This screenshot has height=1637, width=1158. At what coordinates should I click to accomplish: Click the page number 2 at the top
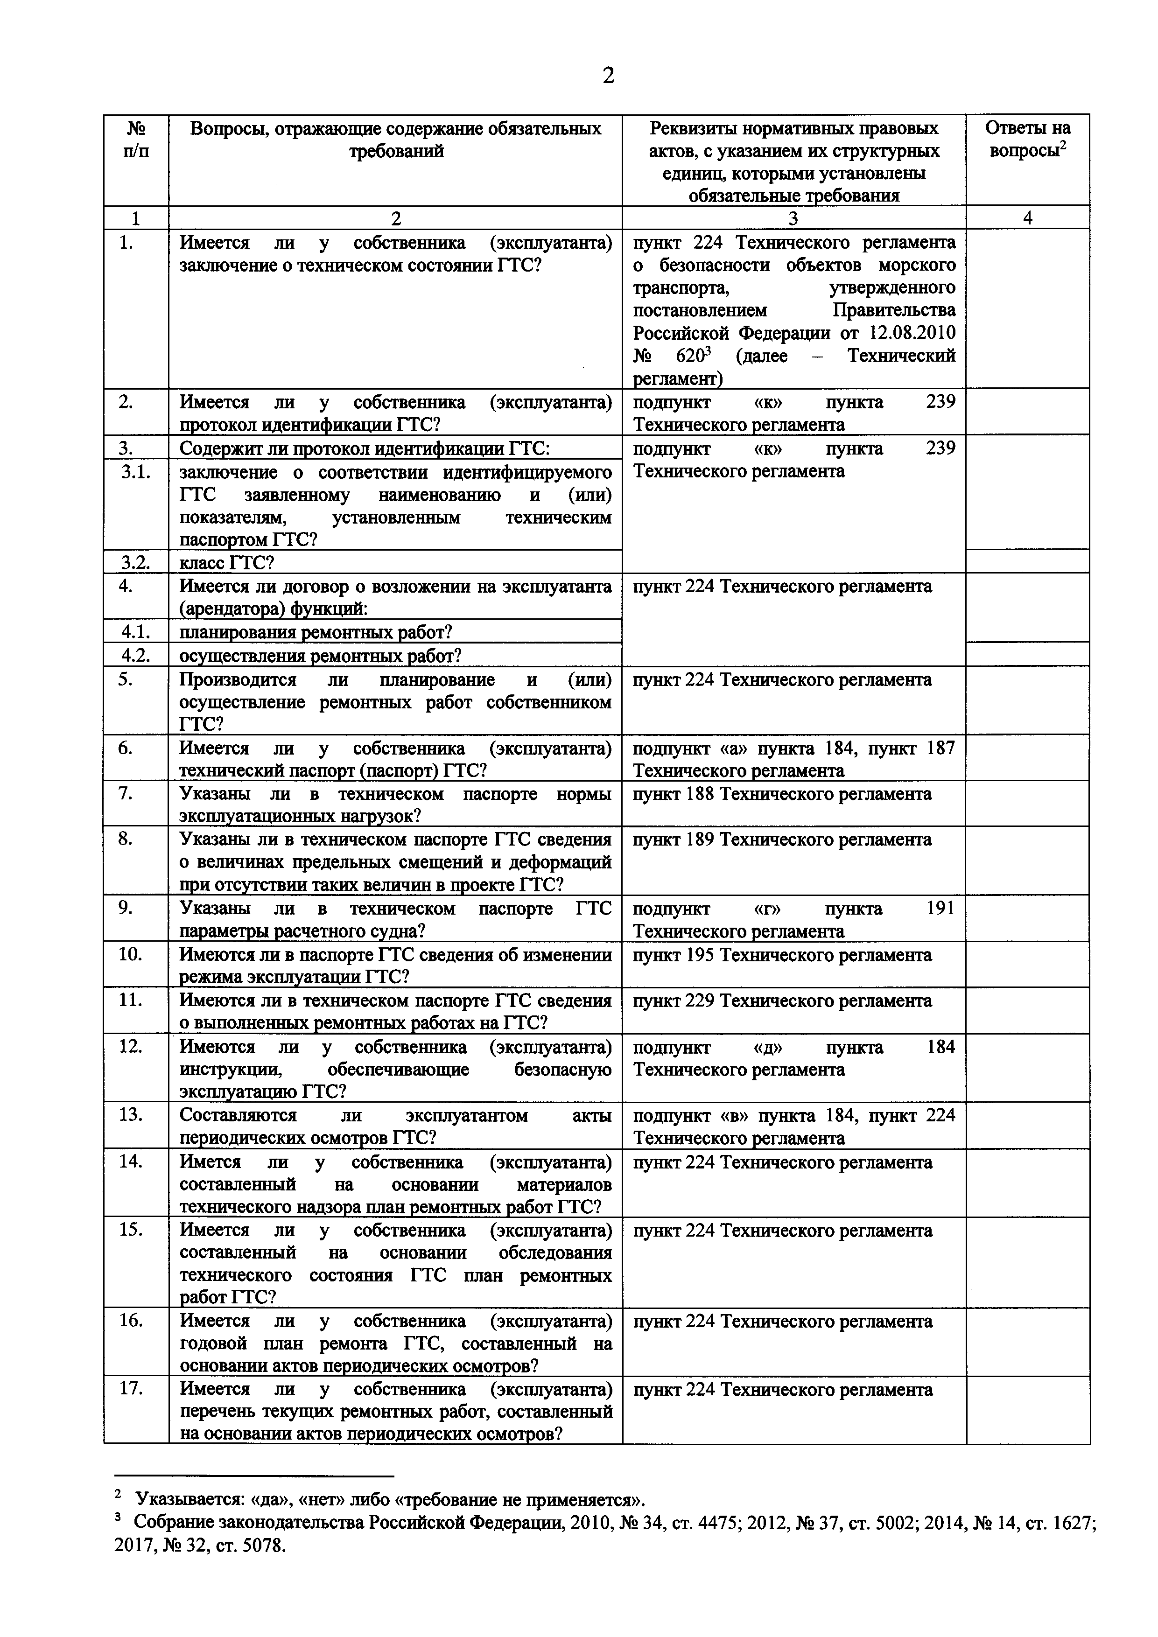[x=608, y=76]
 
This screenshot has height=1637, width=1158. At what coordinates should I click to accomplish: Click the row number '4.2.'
[x=136, y=655]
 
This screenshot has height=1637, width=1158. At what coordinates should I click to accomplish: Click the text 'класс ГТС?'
[x=227, y=563]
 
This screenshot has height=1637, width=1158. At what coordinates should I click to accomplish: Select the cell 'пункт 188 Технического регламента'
[x=782, y=794]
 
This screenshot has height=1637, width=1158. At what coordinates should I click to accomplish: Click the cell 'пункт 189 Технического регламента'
[x=782, y=840]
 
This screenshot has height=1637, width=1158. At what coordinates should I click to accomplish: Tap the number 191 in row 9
[x=940, y=909]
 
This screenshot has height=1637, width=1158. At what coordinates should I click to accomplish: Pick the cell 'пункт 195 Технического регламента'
[x=782, y=955]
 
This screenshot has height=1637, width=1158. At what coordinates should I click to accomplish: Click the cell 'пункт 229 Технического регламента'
[x=782, y=1001]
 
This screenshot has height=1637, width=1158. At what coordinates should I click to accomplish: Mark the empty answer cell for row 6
[x=1027, y=758]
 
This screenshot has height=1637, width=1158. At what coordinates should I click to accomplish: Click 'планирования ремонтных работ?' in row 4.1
[x=316, y=632]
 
